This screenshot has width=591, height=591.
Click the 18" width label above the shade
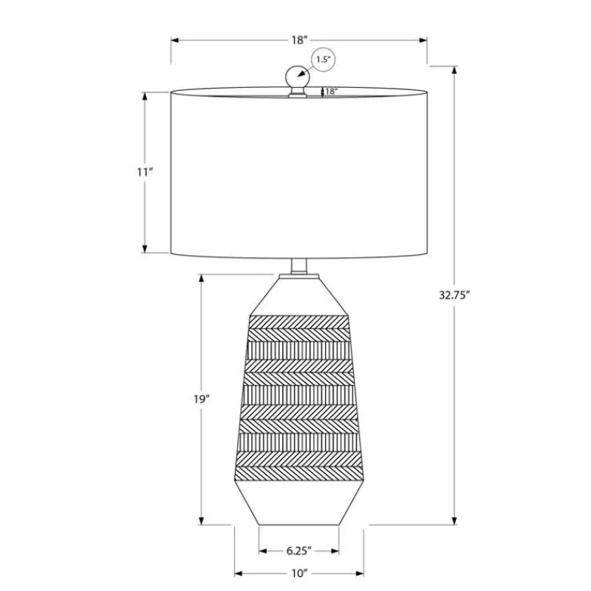point(300,40)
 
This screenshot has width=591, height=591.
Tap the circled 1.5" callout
point(323,59)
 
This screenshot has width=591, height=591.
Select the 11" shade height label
point(145,172)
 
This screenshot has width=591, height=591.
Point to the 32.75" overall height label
point(455,295)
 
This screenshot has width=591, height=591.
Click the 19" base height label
point(202,399)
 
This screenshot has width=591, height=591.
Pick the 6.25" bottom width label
point(299,550)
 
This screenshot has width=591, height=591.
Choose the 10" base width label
point(299,574)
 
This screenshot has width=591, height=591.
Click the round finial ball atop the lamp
point(297,77)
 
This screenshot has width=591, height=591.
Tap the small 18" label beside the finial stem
point(331,91)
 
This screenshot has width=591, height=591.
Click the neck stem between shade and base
point(299,266)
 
